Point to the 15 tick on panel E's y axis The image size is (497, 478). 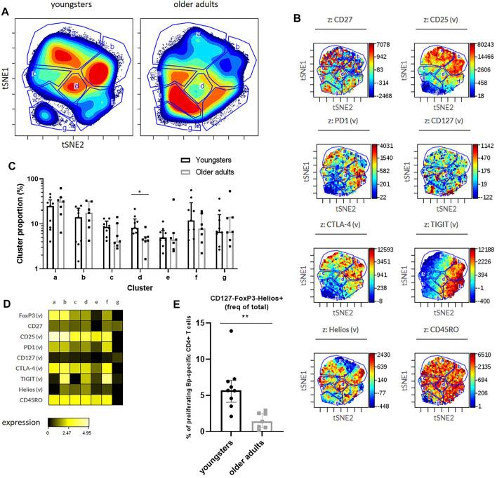pos(162,323)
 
